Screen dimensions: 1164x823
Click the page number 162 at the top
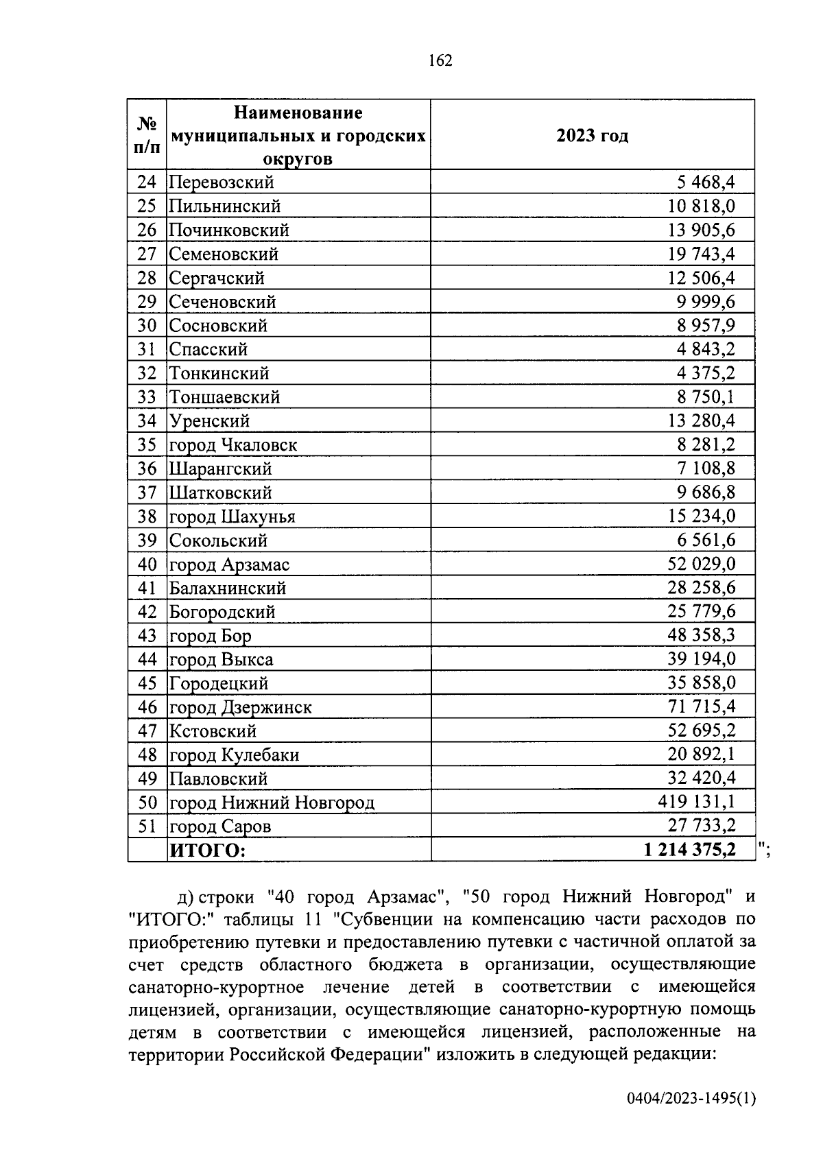click(x=440, y=60)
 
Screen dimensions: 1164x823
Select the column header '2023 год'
click(x=592, y=136)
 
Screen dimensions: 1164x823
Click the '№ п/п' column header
click(x=147, y=135)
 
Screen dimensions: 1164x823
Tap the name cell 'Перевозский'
click(x=222, y=182)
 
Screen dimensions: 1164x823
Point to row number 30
click(x=147, y=326)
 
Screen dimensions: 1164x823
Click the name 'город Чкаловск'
click(x=233, y=445)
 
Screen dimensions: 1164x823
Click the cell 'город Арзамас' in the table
click(x=230, y=565)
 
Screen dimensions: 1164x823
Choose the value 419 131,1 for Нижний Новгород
click(x=696, y=802)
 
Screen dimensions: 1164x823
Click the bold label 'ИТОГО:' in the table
click(x=207, y=851)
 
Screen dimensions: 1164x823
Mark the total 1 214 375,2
click(x=689, y=850)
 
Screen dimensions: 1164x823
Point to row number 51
click(x=147, y=826)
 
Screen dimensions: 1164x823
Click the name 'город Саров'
click(x=220, y=827)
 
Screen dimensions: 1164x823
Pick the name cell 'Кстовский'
click(x=213, y=731)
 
